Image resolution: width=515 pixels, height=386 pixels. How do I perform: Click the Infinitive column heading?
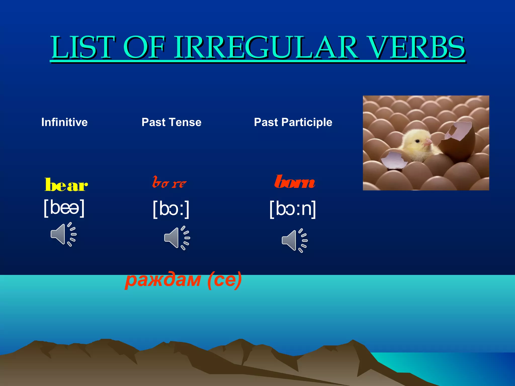64,122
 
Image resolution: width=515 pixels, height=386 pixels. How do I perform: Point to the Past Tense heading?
171,122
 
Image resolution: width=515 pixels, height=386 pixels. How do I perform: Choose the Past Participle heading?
293,122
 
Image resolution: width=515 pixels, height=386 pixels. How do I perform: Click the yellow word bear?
66,185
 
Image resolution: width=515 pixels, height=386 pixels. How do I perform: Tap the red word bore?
169,183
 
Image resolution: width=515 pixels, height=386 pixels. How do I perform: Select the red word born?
294,182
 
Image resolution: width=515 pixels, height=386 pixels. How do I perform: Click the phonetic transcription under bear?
64,208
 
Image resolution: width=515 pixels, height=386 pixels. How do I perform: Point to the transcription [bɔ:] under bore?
171,209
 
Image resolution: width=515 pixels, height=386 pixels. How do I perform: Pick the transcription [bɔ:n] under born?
292,209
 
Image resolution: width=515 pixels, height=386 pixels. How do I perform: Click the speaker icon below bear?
63,234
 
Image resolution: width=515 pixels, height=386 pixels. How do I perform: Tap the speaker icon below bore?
177,238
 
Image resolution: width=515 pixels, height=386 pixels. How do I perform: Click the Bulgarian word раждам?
163,280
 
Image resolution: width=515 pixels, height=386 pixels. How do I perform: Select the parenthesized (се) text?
225,280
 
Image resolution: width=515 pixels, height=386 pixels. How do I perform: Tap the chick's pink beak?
428,143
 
